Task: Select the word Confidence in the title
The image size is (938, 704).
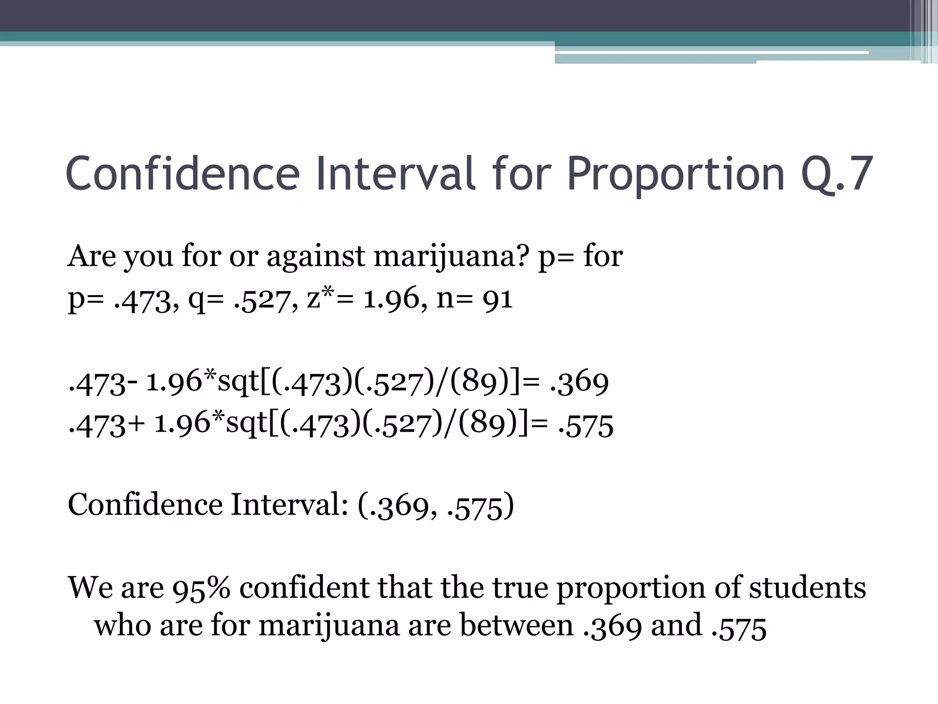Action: coord(183,175)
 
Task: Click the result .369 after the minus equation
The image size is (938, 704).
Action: coord(579,382)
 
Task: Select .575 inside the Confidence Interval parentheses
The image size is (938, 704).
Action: coord(476,506)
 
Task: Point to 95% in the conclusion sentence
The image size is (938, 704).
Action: coord(201,588)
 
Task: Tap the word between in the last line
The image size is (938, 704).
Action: coord(516,626)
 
